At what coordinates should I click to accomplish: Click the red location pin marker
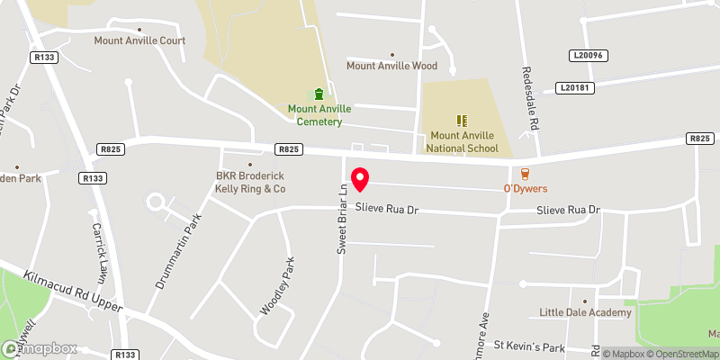[360, 179]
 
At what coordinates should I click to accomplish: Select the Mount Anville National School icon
[462, 120]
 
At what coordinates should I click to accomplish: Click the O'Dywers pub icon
[525, 174]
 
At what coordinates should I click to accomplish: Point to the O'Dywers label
[525, 189]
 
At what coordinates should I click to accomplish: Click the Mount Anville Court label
[139, 40]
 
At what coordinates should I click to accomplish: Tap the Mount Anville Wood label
[391, 66]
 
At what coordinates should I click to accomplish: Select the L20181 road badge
[577, 87]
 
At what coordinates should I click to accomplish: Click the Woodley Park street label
[277, 285]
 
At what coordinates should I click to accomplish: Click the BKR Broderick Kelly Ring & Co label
[250, 183]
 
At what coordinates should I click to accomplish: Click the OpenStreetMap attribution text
[681, 353]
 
